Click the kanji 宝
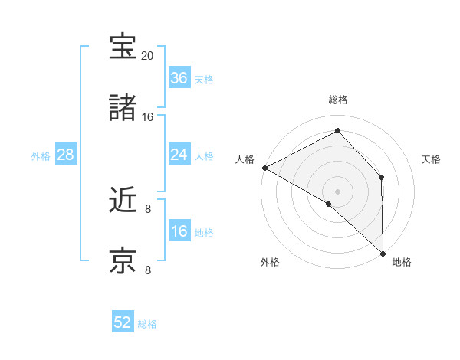(x=123, y=47)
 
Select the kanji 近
(x=123, y=201)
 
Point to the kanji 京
(x=123, y=261)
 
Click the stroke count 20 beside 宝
(x=148, y=57)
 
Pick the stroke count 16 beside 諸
(x=148, y=117)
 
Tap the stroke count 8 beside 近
(x=148, y=209)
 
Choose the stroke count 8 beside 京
(x=148, y=270)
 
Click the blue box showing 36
(x=179, y=78)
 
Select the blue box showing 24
(x=179, y=155)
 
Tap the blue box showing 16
(x=179, y=231)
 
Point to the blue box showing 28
(x=65, y=155)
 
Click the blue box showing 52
(x=123, y=322)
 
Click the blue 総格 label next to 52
(x=147, y=324)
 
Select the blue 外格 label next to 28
(x=41, y=156)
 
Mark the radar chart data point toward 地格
(x=383, y=252)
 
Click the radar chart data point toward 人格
(x=264, y=168)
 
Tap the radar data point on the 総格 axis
(x=337, y=131)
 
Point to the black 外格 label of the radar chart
(x=270, y=262)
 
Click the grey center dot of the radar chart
(x=337, y=191)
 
